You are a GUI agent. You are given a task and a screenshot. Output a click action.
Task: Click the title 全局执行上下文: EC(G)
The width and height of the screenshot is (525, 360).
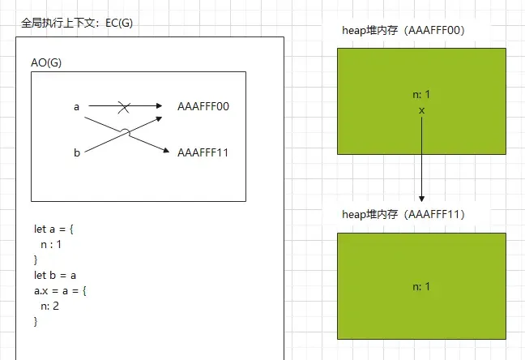coord(77,23)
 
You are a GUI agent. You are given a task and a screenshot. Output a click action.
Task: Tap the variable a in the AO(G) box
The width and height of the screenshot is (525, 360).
coord(76,106)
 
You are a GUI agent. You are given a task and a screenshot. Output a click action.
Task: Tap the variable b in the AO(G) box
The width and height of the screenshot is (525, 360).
coord(76,152)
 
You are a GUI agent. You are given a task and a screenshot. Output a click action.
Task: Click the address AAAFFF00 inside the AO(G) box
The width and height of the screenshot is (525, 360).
coord(203,106)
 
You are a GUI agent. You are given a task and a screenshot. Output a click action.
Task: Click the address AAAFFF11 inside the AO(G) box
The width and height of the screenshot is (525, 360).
coord(203,152)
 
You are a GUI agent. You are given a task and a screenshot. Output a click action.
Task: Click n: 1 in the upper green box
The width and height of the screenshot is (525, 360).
coord(422,96)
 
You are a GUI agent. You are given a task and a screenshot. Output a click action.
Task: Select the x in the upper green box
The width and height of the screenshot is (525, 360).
coord(422,109)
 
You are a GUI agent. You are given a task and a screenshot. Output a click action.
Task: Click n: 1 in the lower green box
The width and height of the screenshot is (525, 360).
coord(422,286)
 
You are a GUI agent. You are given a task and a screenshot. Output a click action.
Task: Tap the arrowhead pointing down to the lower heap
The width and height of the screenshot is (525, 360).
coord(422,198)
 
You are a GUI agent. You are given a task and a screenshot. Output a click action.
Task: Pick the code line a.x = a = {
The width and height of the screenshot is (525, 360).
coord(62,290)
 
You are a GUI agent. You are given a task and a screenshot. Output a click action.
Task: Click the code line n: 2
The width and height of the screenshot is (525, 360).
coord(50,306)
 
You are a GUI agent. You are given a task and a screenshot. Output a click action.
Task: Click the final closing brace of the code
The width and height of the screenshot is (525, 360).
coord(36,321)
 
